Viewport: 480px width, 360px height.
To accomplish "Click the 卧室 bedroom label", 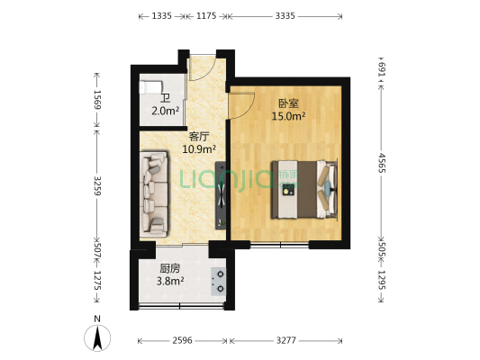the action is point(288,103).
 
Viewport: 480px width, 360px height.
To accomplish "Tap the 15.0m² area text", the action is point(288,116).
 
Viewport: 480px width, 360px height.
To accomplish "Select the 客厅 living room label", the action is point(199,137).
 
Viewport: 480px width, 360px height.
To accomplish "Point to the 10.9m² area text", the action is point(199,149).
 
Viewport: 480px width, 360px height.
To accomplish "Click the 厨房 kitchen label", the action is point(170,268).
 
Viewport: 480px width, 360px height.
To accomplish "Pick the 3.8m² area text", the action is point(170,281).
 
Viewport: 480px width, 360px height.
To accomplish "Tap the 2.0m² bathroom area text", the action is point(166,111).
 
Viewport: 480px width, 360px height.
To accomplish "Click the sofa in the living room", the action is point(154,193).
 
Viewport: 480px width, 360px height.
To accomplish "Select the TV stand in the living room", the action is point(221,195).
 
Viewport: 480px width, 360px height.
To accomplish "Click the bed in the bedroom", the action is point(304,190).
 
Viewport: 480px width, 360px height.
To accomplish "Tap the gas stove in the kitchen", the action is point(219,282).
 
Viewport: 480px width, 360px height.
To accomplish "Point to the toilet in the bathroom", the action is point(150,87).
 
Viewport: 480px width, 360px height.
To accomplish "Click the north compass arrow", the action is point(97,337).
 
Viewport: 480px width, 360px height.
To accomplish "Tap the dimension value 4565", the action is point(382,162).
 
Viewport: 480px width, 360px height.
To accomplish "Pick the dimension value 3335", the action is point(285,16).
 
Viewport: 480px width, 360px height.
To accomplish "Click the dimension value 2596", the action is point(182,340).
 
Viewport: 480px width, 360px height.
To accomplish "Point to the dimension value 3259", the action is point(97,185).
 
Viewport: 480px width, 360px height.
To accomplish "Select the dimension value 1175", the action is point(206,16).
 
